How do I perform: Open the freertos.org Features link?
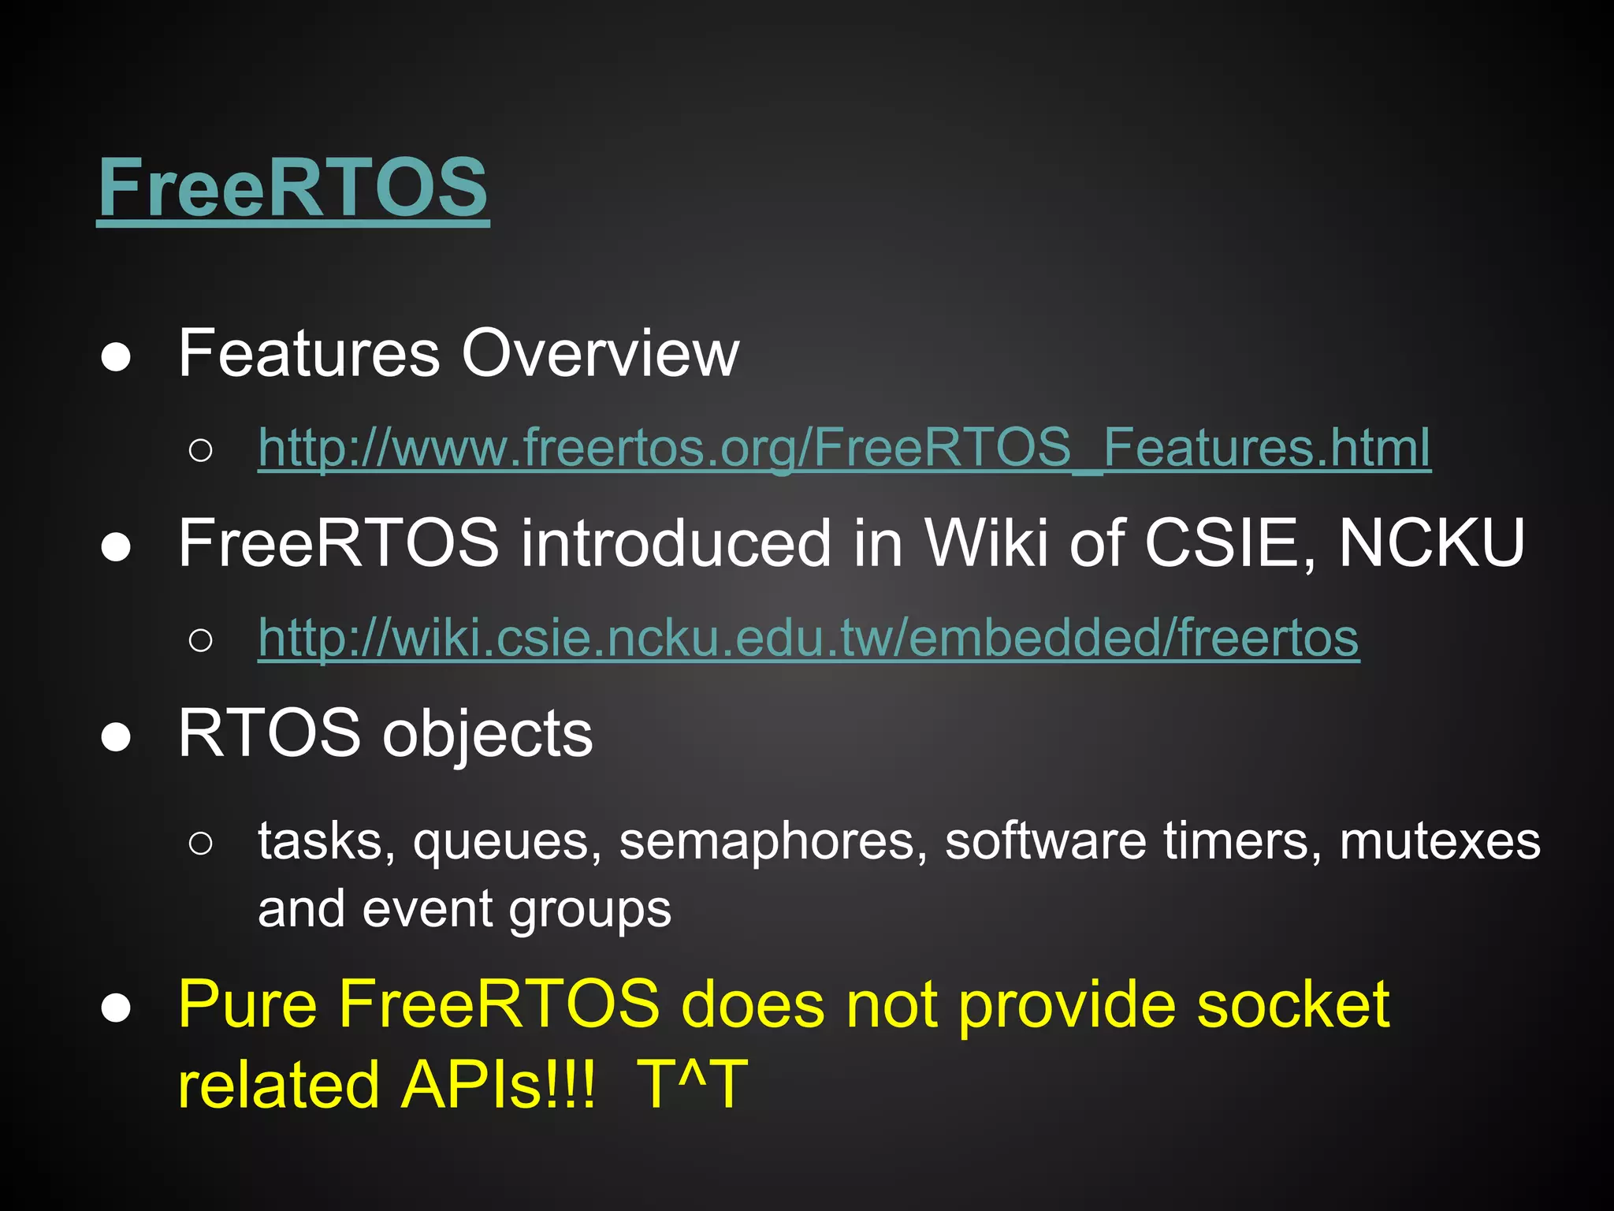click(x=844, y=448)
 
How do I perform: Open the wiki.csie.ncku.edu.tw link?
click(x=809, y=637)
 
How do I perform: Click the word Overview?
click(x=600, y=353)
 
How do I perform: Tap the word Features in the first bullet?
click(x=309, y=353)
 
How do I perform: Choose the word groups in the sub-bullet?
click(x=589, y=910)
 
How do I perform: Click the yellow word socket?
click(x=1292, y=1004)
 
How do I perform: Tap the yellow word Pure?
click(x=247, y=1004)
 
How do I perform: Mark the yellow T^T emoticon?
click(x=691, y=1085)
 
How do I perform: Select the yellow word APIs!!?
click(x=497, y=1085)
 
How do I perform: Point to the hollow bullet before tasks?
click(x=201, y=843)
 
